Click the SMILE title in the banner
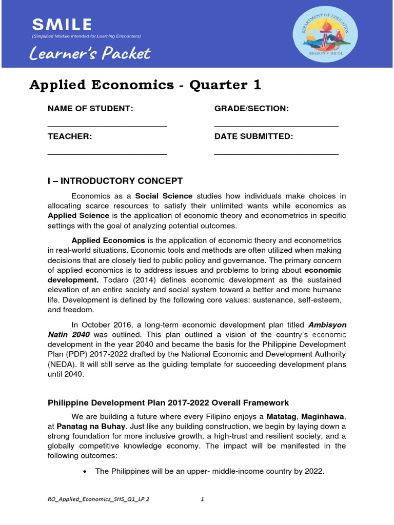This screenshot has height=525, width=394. coord(62,24)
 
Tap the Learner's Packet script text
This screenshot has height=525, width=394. coord(90,53)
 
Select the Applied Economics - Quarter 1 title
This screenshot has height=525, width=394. coord(145,85)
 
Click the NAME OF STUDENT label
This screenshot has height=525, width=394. coord(90,109)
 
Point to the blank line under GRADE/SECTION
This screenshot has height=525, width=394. coord(276,126)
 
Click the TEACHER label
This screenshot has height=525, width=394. coord(70,136)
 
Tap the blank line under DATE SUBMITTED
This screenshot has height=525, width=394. coord(276,154)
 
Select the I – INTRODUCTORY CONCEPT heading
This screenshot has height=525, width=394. coord(115,181)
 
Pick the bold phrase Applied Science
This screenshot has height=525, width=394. coord(78,216)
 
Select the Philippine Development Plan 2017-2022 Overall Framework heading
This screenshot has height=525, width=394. coord(168,403)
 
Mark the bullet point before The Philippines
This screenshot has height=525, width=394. coord(84,471)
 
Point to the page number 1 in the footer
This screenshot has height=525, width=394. coord(203,501)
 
